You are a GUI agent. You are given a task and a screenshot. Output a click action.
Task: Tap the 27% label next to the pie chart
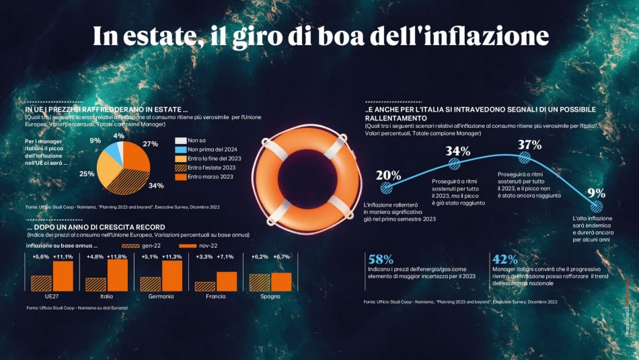tap(151, 143)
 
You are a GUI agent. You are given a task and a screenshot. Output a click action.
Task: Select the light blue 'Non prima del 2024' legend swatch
tap(180, 149)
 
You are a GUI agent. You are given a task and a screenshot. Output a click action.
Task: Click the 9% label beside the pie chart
tap(95, 141)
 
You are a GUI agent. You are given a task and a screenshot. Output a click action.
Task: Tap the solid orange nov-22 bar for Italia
tap(118, 275)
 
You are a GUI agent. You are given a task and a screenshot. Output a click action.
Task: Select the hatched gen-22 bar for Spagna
tap(260, 283)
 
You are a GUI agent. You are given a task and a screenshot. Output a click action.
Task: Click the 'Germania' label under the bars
tap(161, 296)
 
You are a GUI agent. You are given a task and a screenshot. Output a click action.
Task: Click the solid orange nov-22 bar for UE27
tap(63, 276)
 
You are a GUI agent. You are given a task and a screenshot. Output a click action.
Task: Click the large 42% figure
tap(504, 259)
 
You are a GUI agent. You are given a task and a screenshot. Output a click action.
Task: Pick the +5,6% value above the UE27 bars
tap(42, 256)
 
